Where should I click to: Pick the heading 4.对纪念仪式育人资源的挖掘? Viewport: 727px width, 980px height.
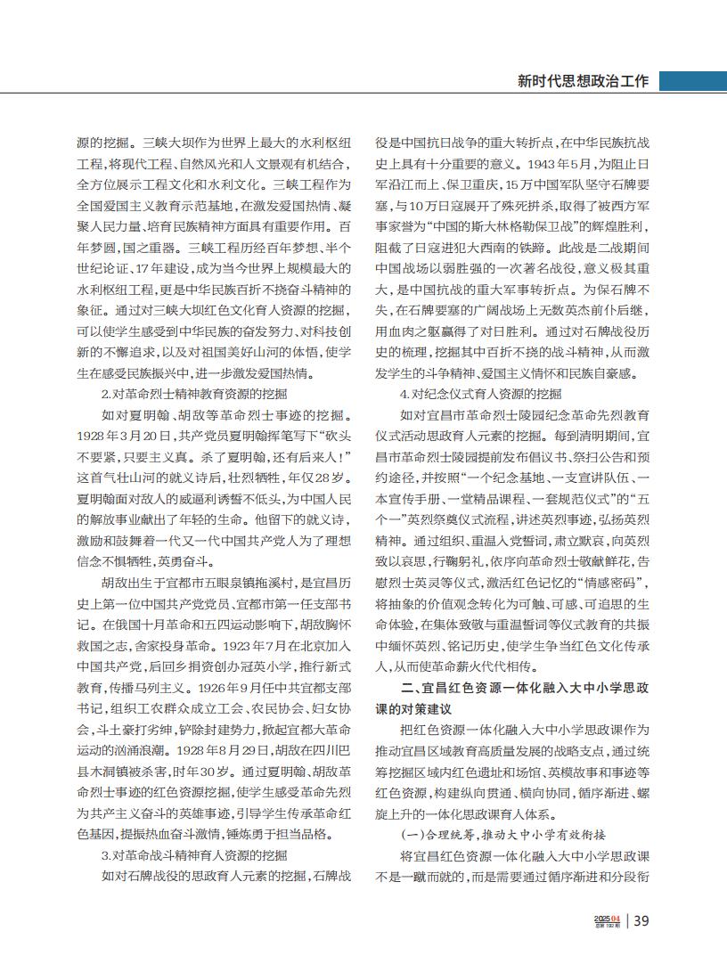point(481,393)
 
